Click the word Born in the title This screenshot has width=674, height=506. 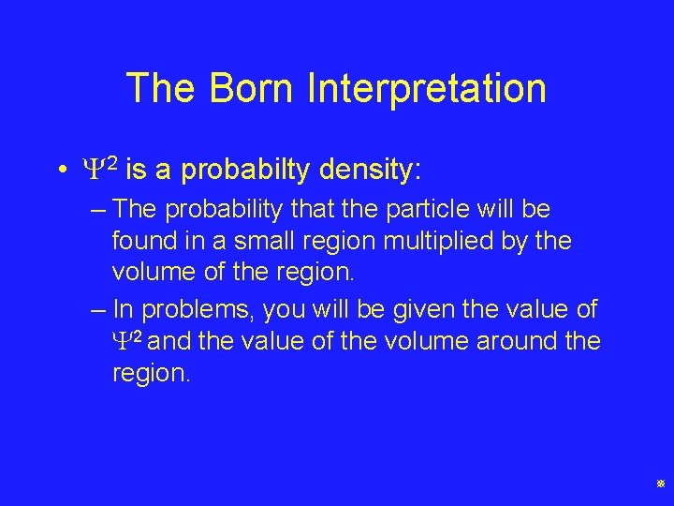(x=253, y=88)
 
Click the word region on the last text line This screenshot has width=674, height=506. (x=150, y=374)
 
